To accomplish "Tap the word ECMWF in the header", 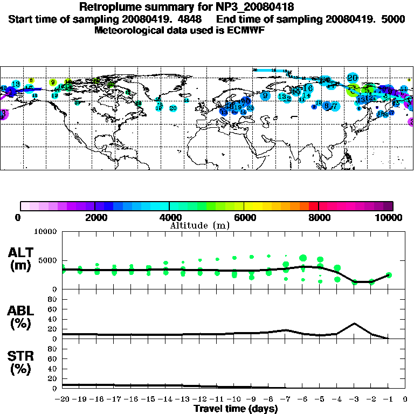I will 246,30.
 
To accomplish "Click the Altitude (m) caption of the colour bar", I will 200,225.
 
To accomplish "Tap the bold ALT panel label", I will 22,252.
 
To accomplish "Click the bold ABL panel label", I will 22,310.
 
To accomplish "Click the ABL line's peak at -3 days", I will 354,323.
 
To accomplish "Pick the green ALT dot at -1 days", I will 389,275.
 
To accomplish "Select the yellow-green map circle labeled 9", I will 53,82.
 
